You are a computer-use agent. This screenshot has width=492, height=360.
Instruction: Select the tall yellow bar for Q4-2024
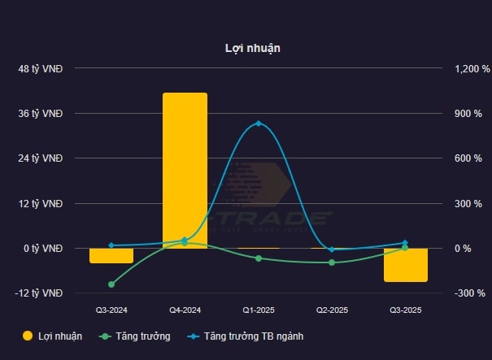click(x=185, y=171)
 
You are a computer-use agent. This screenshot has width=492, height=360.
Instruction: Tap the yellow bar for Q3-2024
click(x=111, y=255)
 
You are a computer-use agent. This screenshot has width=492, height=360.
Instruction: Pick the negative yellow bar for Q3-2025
click(x=406, y=265)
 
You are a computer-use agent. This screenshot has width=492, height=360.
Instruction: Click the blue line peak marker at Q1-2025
click(x=259, y=124)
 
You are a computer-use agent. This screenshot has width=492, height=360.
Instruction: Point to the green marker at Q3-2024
click(x=111, y=284)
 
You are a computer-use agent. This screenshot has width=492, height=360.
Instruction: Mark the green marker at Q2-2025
click(x=332, y=262)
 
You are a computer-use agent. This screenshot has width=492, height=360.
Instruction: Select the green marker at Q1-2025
click(x=259, y=258)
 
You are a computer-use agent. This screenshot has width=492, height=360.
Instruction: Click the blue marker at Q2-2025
click(x=332, y=249)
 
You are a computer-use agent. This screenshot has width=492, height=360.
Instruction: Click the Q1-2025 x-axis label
click(x=259, y=310)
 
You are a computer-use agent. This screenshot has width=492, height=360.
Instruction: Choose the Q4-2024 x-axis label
click(x=185, y=310)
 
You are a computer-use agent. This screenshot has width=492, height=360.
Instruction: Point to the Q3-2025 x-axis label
click(x=406, y=310)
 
